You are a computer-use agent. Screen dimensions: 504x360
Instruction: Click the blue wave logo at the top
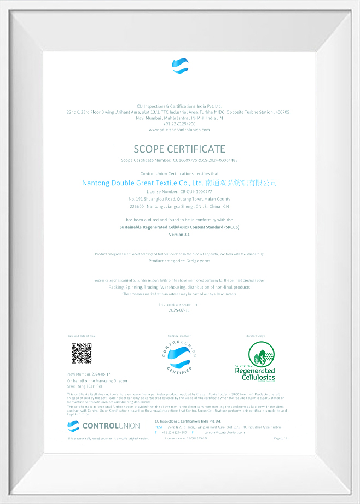pyautogui.click(x=179, y=66)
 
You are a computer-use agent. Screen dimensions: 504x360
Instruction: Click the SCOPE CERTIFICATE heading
pyautogui.click(x=179, y=149)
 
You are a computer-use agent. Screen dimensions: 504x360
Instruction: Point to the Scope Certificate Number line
pyautogui.click(x=179, y=160)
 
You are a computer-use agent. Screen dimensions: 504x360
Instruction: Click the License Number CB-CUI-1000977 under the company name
pyautogui.click(x=179, y=192)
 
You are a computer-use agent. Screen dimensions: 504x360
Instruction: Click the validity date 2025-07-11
pyautogui.click(x=179, y=310)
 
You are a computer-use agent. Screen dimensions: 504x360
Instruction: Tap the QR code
pyautogui.click(x=82, y=353)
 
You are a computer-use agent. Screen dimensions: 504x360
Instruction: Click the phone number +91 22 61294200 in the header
pyautogui.click(x=179, y=124)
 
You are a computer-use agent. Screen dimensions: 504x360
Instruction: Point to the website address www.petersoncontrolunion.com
pyautogui.click(x=179, y=130)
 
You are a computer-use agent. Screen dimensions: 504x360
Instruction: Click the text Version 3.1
pyautogui.click(x=179, y=234)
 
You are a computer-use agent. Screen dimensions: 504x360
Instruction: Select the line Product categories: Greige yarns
pyautogui.click(x=179, y=261)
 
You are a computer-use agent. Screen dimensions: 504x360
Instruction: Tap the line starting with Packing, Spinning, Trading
pyautogui.click(x=179, y=287)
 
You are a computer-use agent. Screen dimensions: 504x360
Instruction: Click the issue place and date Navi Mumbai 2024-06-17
pyautogui.click(x=85, y=374)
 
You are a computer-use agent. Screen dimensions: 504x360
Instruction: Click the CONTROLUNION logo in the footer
pyautogui.click(x=104, y=425)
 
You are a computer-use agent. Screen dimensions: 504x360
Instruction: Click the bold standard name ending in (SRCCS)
pyautogui.click(x=179, y=227)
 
